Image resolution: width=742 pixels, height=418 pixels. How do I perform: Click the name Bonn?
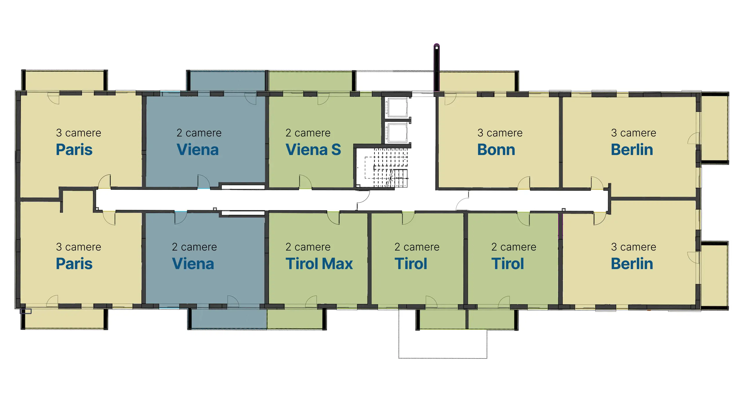pyautogui.click(x=496, y=150)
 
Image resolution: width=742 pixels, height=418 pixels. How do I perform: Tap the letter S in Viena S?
pyautogui.click(x=336, y=150)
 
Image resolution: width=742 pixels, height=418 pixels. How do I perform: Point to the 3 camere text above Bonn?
pyautogui.click(x=500, y=133)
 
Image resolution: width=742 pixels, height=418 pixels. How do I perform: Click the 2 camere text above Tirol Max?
pyautogui.click(x=308, y=247)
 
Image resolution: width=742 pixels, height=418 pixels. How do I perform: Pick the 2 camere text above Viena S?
pyautogui.click(x=308, y=133)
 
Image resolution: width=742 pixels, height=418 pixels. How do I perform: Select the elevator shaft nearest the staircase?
pyautogui.click(x=397, y=133)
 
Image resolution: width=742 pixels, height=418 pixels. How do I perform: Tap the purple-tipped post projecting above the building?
pyautogui.click(x=437, y=68)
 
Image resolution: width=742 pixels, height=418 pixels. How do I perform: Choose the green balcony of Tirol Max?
pyautogui.click(x=294, y=319)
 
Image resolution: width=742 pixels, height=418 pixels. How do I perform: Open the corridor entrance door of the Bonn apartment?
pyautogui.click(x=524, y=183)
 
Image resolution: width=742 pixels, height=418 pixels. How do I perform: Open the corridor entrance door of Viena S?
pyautogui.click(x=305, y=182)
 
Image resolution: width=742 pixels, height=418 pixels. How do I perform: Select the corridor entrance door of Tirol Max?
pyautogui.click(x=333, y=218)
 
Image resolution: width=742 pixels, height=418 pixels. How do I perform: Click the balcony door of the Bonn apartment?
pyautogui.click(x=450, y=99)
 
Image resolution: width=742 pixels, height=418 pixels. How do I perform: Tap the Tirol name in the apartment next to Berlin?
pyautogui.click(x=508, y=264)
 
